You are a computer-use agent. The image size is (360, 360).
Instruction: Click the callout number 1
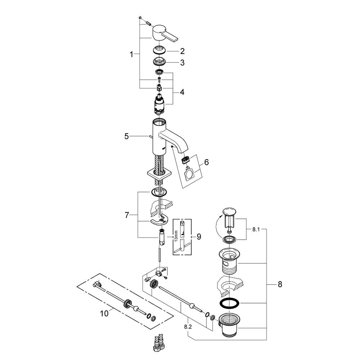click(x=132, y=54)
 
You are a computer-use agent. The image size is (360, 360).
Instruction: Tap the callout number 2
click(x=182, y=51)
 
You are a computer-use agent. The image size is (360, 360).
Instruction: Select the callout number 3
click(x=182, y=63)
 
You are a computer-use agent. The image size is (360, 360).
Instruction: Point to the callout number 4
click(x=182, y=92)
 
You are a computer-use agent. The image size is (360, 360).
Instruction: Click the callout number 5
click(x=126, y=136)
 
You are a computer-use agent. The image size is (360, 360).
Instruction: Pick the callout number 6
click(x=206, y=162)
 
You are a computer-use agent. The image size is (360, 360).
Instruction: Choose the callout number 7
click(x=127, y=215)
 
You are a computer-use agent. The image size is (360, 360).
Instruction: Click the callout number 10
click(x=104, y=314)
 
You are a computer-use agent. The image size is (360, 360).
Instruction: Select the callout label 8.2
click(x=188, y=327)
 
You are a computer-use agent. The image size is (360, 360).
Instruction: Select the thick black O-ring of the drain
click(x=228, y=303)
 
